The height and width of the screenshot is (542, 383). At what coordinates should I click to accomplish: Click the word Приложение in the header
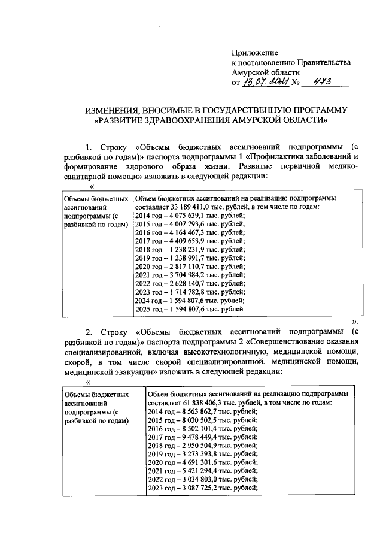coord(254,53)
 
